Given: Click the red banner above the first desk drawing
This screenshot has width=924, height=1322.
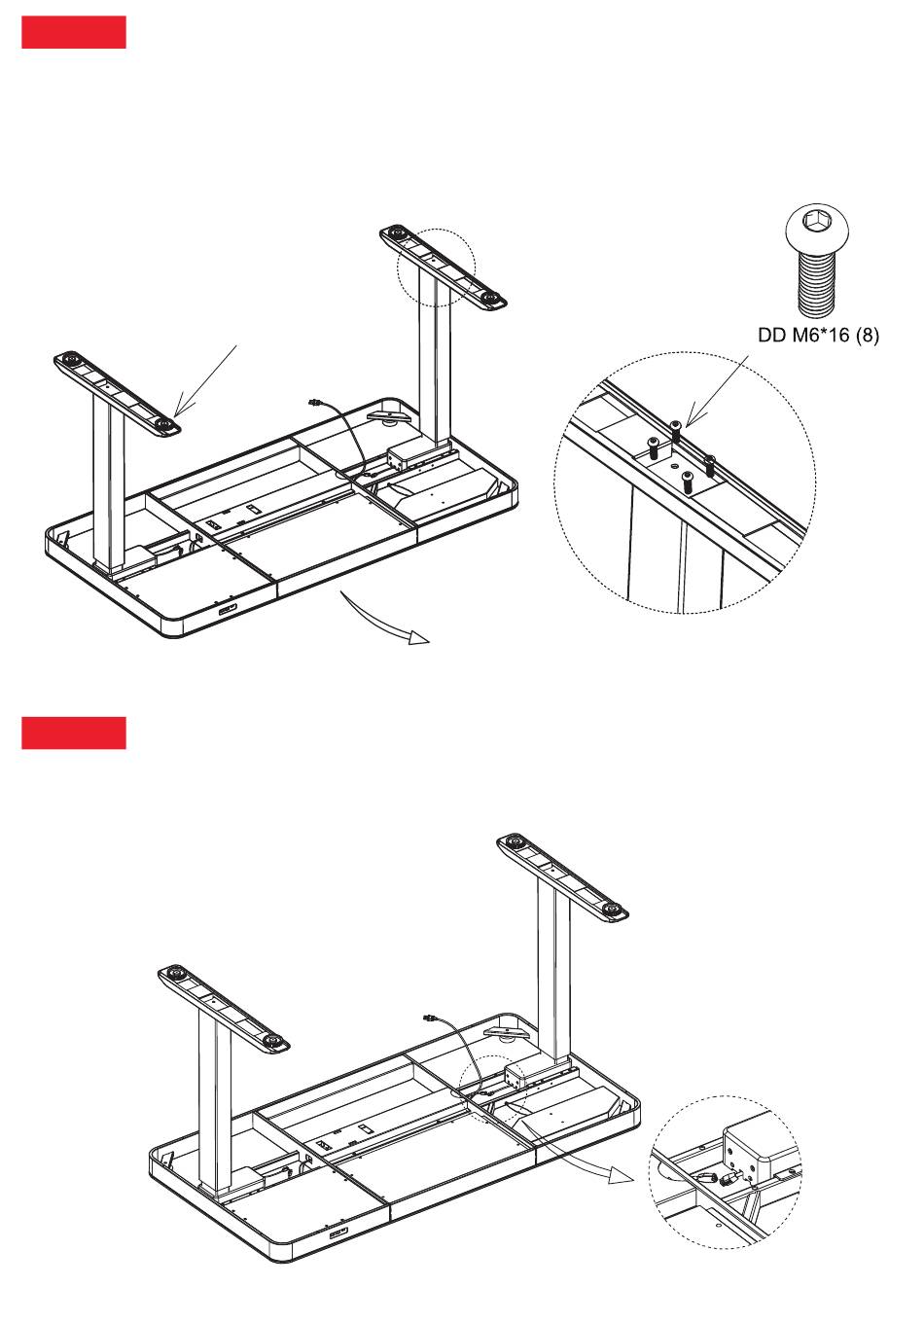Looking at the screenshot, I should coord(74,32).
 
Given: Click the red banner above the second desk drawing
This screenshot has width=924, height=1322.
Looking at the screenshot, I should coord(74,733).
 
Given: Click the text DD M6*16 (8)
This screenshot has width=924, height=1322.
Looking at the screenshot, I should coord(818,335).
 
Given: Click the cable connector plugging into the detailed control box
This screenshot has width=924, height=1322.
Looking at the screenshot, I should coord(725,1178).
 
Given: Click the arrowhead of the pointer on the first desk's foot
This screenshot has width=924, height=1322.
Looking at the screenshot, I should coord(179,413).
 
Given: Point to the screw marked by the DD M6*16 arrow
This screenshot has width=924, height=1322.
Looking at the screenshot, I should coord(676,428).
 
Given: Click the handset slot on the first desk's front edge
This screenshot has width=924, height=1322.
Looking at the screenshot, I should coord(230,610).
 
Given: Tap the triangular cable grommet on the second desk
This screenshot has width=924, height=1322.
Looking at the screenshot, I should coord(506,1031).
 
